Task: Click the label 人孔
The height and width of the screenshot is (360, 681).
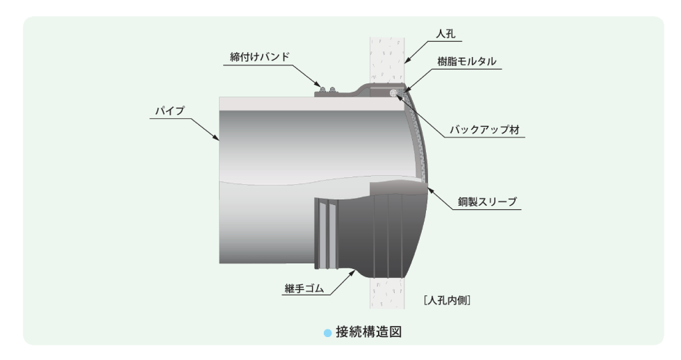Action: tap(445, 34)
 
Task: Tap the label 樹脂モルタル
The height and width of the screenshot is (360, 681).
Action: tap(466, 62)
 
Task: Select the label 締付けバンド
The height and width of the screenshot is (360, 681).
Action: tap(259, 57)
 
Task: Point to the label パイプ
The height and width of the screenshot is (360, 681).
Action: tap(170, 111)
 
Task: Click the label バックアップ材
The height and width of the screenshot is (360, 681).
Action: tap(484, 129)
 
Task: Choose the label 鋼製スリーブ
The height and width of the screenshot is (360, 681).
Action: tap(487, 202)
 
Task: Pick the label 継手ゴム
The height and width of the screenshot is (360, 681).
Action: tap(304, 288)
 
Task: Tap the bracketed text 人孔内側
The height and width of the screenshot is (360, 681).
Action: tap(447, 300)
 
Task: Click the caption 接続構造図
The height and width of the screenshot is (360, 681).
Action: tap(368, 332)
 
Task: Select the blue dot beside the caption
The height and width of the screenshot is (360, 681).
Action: tap(327, 333)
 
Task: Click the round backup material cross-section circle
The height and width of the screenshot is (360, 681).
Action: tap(394, 92)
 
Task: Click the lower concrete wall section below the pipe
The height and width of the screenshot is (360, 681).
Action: tap(387, 293)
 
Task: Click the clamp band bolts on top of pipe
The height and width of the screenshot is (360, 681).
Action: tap(327, 90)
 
